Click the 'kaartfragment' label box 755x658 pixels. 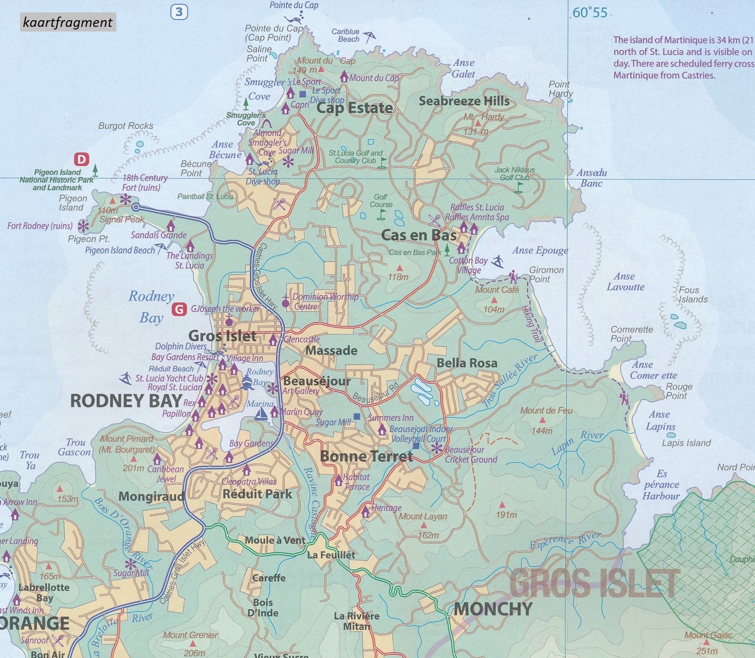(x=68, y=22)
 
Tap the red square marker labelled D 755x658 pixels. (x=82, y=159)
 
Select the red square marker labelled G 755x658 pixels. (x=179, y=309)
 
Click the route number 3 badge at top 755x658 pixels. (x=179, y=11)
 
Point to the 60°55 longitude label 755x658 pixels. (x=590, y=12)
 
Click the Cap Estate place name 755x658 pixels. (x=355, y=108)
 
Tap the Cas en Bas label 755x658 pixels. (x=419, y=235)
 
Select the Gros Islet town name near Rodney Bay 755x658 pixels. (x=222, y=336)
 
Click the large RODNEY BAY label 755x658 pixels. (x=126, y=401)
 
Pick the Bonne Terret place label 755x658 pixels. (x=366, y=456)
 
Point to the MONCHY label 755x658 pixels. (x=493, y=609)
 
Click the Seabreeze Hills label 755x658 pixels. (x=464, y=101)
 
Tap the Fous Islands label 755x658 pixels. (x=692, y=295)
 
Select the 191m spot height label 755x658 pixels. (x=506, y=515)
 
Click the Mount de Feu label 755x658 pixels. (x=546, y=410)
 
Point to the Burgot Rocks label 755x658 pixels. (x=126, y=126)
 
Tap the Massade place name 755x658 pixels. (x=331, y=350)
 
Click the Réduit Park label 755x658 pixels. (x=257, y=494)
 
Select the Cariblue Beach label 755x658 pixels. (x=345, y=35)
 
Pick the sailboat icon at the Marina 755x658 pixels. (x=261, y=414)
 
